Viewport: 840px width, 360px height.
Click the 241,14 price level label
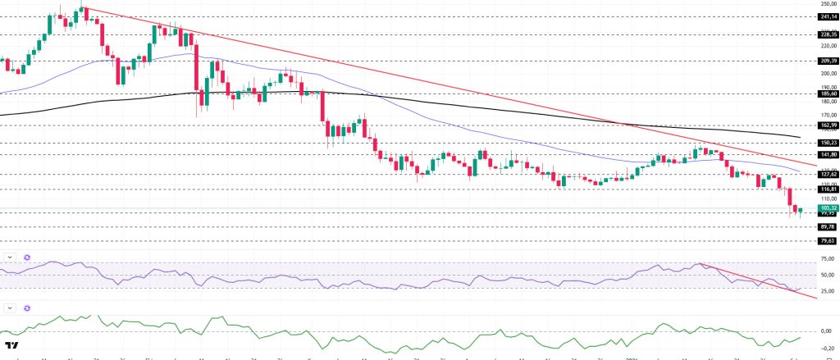tap(827, 16)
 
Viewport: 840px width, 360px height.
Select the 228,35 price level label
tap(827, 34)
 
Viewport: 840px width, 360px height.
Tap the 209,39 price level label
tap(827, 61)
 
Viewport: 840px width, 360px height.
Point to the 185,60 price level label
tap(827, 93)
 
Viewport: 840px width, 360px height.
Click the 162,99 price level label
tap(827, 125)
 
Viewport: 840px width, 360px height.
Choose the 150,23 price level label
tap(827, 143)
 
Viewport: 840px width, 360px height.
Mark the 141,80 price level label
tap(827, 154)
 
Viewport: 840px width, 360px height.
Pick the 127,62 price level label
tap(827, 174)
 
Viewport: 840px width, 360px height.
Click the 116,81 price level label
tap(827, 189)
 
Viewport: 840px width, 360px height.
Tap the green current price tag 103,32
tap(827, 208)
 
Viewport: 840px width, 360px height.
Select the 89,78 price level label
tap(827, 226)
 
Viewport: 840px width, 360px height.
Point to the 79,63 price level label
tap(827, 241)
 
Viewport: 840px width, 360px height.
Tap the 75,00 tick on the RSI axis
tap(827, 259)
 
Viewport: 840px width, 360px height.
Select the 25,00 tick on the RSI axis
tap(827, 290)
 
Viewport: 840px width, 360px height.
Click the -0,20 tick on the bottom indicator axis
tap(827, 347)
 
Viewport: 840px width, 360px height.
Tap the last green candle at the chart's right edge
tap(800, 212)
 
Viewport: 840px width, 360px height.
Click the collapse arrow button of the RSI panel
tap(10, 257)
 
